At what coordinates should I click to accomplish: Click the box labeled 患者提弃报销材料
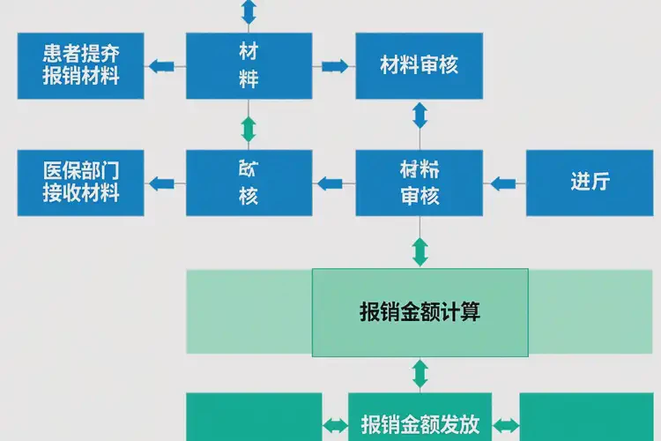(x=81, y=65)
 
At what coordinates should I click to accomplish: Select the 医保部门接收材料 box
(x=81, y=183)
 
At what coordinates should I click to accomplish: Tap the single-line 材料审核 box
(x=419, y=65)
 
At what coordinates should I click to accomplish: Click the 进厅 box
(x=590, y=183)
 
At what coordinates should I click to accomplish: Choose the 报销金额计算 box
(x=420, y=312)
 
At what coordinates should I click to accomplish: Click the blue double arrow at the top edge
(x=249, y=11)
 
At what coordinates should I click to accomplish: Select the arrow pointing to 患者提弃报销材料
(x=161, y=65)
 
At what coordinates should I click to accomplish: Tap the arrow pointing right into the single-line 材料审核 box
(x=334, y=65)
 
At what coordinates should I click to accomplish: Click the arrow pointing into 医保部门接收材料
(x=161, y=183)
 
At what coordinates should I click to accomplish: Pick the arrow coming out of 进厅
(x=503, y=183)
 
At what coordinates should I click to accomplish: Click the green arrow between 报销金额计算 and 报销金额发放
(x=420, y=374)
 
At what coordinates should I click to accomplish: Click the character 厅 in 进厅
(x=601, y=183)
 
